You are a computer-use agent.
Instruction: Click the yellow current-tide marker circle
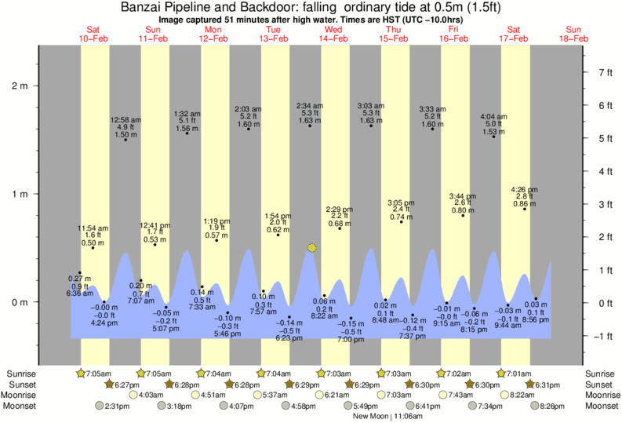coord(312,248)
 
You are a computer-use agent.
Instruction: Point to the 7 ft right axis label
coord(604,72)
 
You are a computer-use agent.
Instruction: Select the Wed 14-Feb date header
coord(333,32)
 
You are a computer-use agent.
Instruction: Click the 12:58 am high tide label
coord(125,127)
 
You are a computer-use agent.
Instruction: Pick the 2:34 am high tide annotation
coord(310,114)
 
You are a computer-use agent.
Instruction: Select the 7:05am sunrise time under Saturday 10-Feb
coord(97,374)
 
